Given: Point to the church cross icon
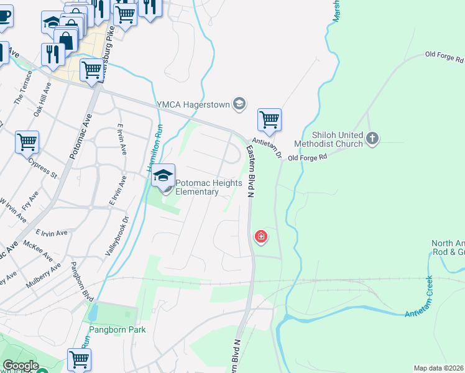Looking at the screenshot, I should (372, 139).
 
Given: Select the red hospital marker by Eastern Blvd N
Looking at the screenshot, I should (260, 236).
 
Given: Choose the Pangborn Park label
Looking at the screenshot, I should (117, 329).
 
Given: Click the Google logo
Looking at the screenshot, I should (21, 366).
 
